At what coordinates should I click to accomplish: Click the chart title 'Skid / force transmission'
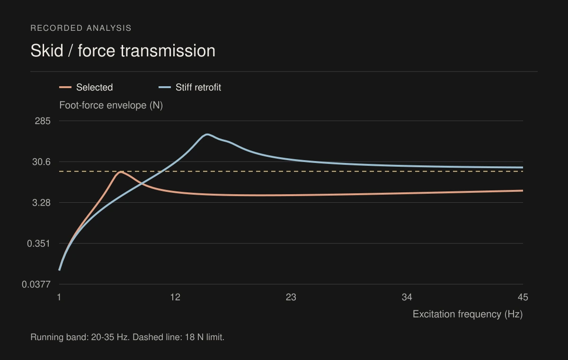coord(123,51)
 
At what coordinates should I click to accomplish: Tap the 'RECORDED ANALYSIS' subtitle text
coord(81,28)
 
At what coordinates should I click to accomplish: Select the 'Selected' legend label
coord(95,87)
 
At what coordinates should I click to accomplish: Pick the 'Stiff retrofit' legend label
coord(198,87)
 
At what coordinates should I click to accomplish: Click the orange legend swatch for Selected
coord(65,87)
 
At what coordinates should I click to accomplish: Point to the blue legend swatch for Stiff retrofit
coord(165,87)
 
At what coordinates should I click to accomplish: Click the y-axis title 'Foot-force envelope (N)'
coord(111,105)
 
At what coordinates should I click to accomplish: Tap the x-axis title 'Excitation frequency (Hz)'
coord(468,314)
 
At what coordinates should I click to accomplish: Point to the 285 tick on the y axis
coord(43,121)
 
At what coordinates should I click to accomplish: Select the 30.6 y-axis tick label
coord(41,162)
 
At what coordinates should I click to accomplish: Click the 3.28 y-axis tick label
coord(41,203)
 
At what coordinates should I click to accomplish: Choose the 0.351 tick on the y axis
coord(39,243)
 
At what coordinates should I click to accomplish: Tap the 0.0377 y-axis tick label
coord(36,284)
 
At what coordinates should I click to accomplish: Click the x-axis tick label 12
coord(175,297)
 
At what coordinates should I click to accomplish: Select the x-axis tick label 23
coord(291,297)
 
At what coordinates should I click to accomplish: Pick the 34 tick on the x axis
coord(407,297)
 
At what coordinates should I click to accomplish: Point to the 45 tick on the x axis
coord(523,297)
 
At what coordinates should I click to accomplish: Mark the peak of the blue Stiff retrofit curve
coord(207,135)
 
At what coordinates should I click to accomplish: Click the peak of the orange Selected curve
coord(121,172)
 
